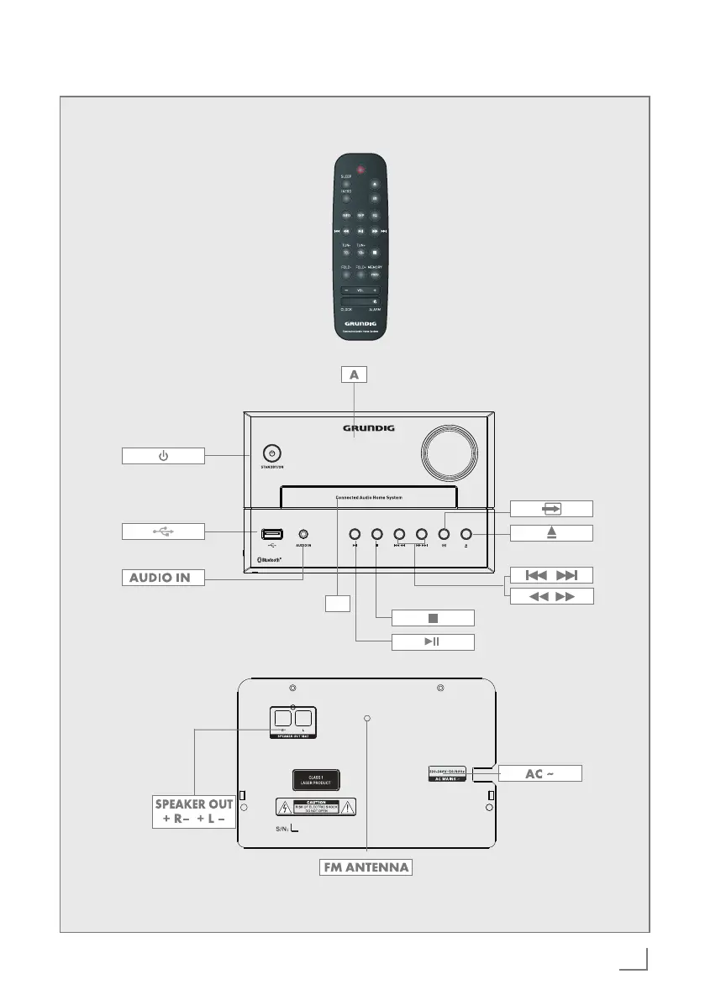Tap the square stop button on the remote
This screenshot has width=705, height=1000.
click(x=376, y=251)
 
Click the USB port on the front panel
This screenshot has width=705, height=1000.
click(x=271, y=534)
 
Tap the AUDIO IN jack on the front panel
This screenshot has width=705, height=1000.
click(x=303, y=534)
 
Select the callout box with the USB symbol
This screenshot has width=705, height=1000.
click(x=164, y=531)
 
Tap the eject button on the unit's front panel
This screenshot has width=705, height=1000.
click(x=466, y=534)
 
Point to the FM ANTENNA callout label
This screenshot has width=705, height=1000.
click(x=366, y=866)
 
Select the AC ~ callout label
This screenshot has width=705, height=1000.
click(x=540, y=773)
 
